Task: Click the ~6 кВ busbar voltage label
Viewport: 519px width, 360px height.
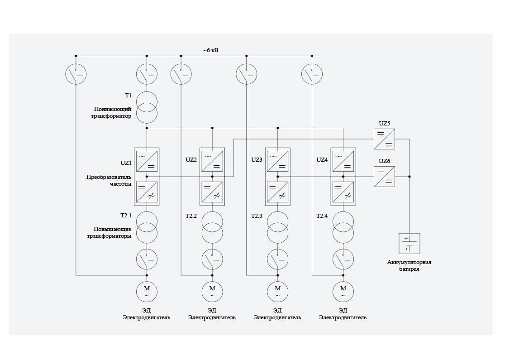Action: pyautogui.click(x=210, y=50)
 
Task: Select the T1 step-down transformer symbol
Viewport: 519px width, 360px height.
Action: pyautogui.click(x=147, y=107)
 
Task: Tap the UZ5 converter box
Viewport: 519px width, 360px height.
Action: pyautogui.click(x=384, y=139)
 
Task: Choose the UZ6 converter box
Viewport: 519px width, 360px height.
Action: pyautogui.click(x=384, y=177)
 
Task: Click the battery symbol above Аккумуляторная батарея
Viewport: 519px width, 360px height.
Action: pyautogui.click(x=409, y=244)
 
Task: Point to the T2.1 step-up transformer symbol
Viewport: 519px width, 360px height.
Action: pyautogui.click(x=147, y=228)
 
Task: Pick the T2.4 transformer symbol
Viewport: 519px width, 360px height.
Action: pyautogui.click(x=343, y=228)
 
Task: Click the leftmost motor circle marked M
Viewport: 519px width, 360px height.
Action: pyautogui.click(x=147, y=292)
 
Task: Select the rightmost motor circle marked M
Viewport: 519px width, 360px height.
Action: pyautogui.click(x=343, y=292)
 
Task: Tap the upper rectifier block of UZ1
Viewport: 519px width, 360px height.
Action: pyautogui.click(x=147, y=161)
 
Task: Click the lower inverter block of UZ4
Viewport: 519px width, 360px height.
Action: pyautogui.click(x=343, y=192)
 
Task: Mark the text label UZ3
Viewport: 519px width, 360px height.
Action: pyautogui.click(x=257, y=160)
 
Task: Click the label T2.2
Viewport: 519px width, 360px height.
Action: pyautogui.click(x=191, y=216)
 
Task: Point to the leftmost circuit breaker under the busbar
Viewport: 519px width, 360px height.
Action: pyautogui.click(x=76, y=74)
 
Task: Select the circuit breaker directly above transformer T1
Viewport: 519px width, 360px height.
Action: pyautogui.click(x=147, y=74)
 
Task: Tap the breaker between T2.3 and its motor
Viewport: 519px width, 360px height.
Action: pyautogui.click(x=277, y=260)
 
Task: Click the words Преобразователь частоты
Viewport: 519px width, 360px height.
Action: pyautogui.click(x=109, y=180)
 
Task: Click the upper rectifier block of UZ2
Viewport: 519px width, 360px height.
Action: pyautogui.click(x=212, y=161)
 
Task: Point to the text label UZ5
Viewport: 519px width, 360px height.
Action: pyautogui.click(x=384, y=123)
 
